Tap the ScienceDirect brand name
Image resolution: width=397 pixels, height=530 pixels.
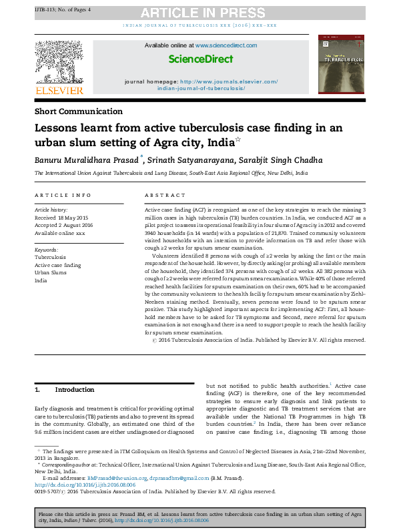click(201, 59)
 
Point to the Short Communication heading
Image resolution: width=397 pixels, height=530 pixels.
click(79, 111)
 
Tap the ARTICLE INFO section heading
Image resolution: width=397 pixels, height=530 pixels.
click(63, 195)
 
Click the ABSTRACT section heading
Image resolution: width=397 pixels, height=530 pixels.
click(165, 195)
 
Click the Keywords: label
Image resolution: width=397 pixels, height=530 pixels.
click(47, 249)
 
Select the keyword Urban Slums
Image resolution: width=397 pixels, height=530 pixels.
click(51, 273)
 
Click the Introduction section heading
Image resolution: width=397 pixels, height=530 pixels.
click(75, 389)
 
